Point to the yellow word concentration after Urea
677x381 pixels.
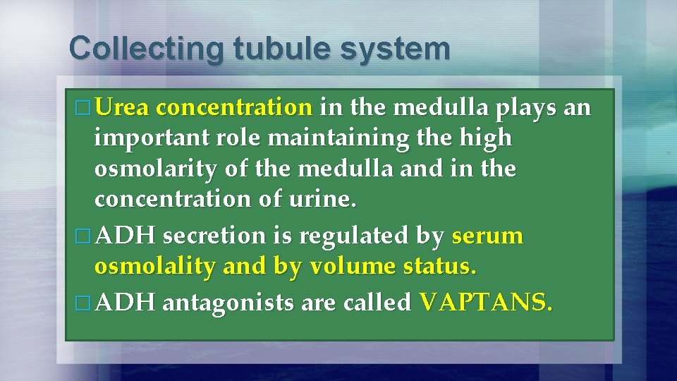pyautogui.click(x=234, y=108)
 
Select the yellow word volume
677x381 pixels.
pyautogui.click(x=345, y=267)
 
